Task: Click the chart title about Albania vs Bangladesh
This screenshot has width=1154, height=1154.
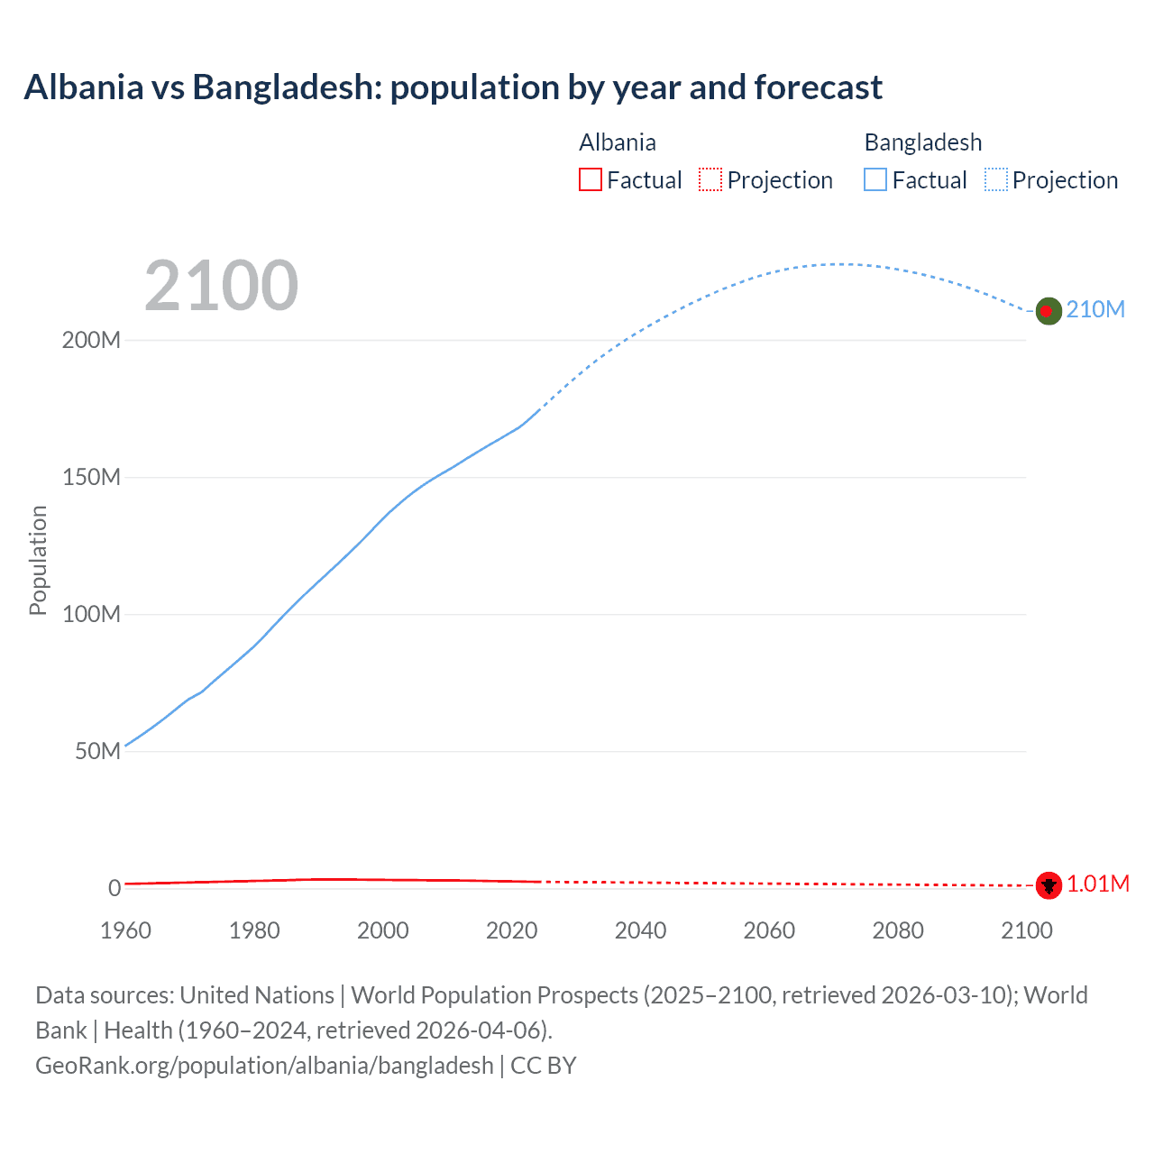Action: pos(453,87)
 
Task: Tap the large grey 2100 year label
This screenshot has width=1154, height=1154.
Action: pos(221,286)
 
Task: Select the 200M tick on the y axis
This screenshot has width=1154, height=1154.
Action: pos(91,341)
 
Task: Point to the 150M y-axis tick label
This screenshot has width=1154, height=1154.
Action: pos(91,478)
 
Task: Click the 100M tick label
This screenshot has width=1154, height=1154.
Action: pos(91,615)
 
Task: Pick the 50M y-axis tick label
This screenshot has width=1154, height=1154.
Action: pos(97,752)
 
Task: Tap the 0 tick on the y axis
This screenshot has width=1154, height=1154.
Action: pos(114,888)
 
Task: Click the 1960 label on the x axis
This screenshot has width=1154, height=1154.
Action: pos(125,930)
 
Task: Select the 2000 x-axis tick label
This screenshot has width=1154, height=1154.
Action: pos(383,930)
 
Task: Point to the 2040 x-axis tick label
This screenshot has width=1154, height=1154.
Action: pos(640,930)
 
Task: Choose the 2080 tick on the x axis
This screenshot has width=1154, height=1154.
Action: pos(898,930)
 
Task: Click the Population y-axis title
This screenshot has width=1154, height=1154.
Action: pos(38,560)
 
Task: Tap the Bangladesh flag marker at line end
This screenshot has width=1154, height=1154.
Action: pos(1048,311)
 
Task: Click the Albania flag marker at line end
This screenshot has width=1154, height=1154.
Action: pos(1048,885)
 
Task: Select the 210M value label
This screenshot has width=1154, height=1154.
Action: pos(1095,310)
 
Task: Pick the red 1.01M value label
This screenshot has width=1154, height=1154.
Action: pos(1098,884)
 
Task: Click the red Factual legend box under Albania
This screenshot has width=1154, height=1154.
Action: pos(590,180)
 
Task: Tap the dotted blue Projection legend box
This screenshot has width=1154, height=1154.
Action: pos(996,180)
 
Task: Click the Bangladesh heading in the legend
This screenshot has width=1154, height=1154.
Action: pos(922,142)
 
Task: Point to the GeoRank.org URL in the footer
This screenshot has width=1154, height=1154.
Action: pos(264,1066)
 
